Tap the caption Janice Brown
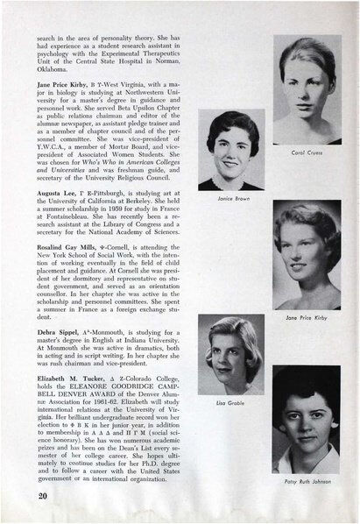(x=232, y=198)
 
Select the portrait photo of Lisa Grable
(x=232, y=355)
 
